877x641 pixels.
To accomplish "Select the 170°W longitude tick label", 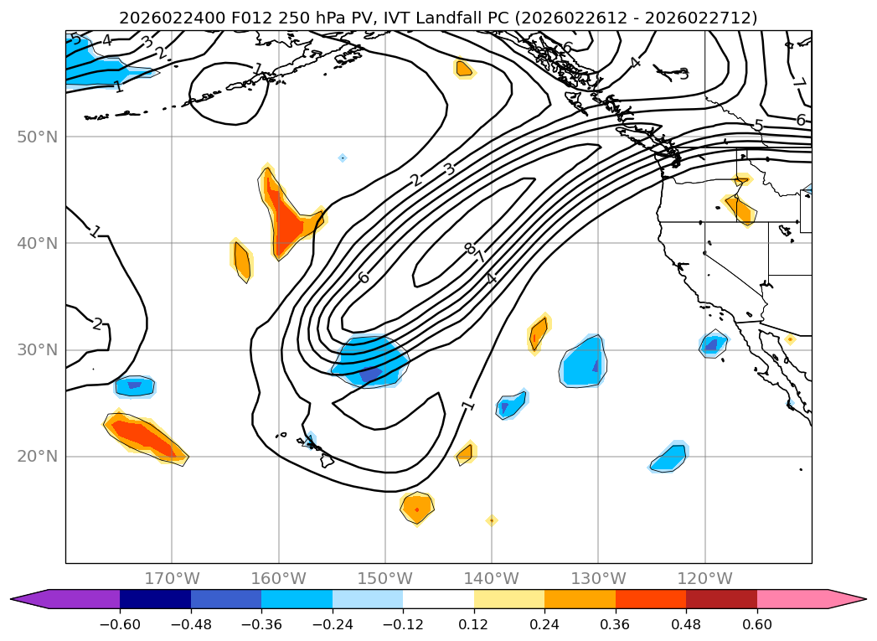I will (x=172, y=578).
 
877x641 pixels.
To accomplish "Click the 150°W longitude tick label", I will (x=385, y=578).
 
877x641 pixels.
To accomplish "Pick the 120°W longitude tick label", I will (x=704, y=578).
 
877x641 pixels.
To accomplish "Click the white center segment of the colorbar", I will (x=438, y=598).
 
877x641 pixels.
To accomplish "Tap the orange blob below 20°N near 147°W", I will (x=416, y=507).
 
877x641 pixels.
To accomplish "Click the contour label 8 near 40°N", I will (x=468, y=248).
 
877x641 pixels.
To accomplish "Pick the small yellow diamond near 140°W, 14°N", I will (x=492, y=520).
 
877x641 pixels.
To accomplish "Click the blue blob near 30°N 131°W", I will (x=582, y=361).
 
